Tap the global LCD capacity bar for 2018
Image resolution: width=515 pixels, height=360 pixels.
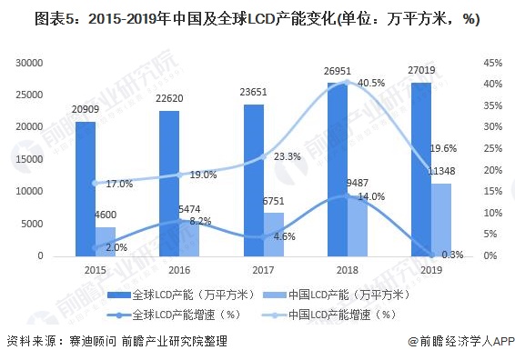pyautogui.click(x=337, y=169)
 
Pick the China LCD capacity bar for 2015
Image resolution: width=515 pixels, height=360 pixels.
pyautogui.click(x=106, y=241)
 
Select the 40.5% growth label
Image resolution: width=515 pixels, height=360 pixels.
pyautogui.click(x=370, y=83)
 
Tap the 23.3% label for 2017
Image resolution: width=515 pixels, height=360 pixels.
pyautogui.click(x=287, y=156)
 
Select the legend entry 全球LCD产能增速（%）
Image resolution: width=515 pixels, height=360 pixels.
pyautogui.click(x=183, y=315)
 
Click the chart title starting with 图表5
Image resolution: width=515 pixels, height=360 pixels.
pyautogui.click(x=245, y=18)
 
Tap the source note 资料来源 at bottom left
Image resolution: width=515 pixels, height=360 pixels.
pyautogui.click(x=116, y=342)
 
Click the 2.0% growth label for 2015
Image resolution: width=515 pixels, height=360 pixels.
pyautogui.click(x=116, y=247)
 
